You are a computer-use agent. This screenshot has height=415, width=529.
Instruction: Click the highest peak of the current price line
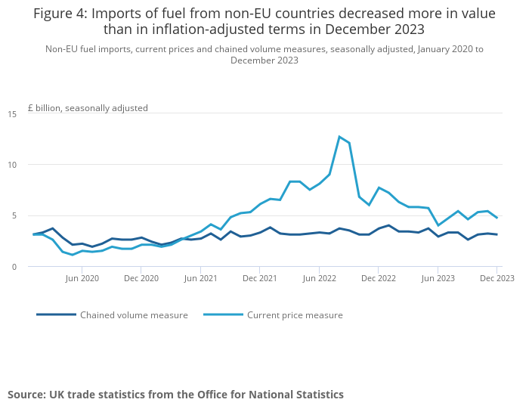(339, 137)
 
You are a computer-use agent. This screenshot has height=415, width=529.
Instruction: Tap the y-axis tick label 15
(12, 114)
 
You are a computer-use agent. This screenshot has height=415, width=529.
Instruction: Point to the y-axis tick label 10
(12, 165)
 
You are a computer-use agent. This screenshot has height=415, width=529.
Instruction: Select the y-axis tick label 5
(14, 215)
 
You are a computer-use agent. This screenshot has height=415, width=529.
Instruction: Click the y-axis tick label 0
(14, 267)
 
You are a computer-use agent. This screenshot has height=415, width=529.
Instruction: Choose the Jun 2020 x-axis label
(82, 278)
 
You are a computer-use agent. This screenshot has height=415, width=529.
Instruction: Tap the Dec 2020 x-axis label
(141, 278)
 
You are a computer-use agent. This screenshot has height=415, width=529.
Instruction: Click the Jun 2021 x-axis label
(201, 278)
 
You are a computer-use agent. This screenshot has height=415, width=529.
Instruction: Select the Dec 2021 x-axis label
(260, 278)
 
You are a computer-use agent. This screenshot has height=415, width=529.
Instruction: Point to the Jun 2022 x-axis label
(319, 278)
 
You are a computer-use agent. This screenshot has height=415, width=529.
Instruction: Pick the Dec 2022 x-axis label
(379, 278)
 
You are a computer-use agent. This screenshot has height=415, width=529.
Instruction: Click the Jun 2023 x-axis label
(438, 278)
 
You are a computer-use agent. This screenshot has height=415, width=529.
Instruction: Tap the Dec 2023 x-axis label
(497, 278)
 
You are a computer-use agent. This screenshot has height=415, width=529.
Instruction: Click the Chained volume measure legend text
(134, 315)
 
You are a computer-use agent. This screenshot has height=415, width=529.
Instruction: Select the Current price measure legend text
(295, 315)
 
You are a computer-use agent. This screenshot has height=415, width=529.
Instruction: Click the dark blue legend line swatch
(56, 314)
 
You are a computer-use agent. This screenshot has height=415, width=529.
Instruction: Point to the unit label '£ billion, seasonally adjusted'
(88, 108)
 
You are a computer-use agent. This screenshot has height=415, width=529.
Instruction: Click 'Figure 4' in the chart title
(60, 14)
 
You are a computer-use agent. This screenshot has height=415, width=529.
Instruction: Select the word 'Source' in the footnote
(26, 395)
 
